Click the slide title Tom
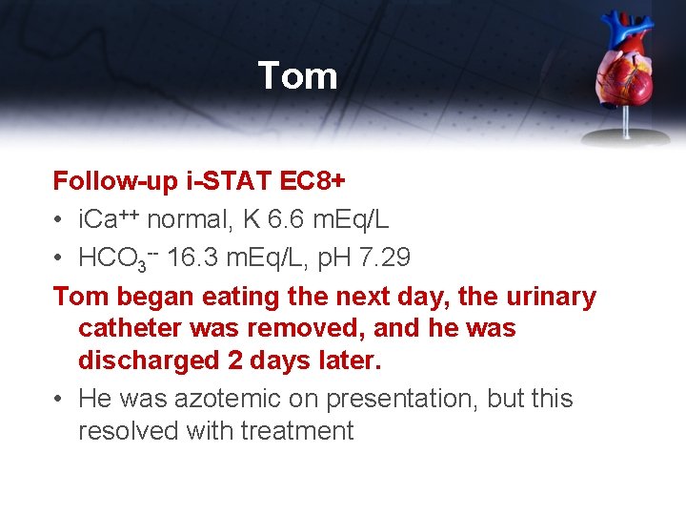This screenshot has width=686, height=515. click(x=297, y=76)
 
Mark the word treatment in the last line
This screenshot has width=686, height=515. click(x=296, y=431)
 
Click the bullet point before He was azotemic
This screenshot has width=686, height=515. click(x=60, y=399)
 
